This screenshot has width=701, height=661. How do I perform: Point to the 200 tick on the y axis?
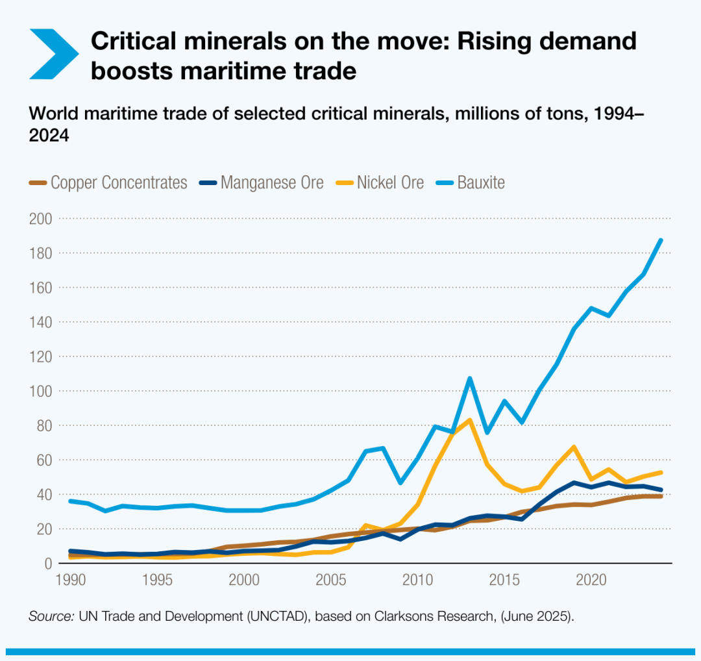coord(41,218)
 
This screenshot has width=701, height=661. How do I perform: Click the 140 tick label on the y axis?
coord(41,322)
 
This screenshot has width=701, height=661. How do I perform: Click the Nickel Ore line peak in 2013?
coord(469,419)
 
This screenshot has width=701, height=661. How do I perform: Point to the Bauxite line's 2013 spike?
coord(469,378)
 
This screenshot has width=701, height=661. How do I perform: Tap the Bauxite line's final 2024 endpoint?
coord(661,240)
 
